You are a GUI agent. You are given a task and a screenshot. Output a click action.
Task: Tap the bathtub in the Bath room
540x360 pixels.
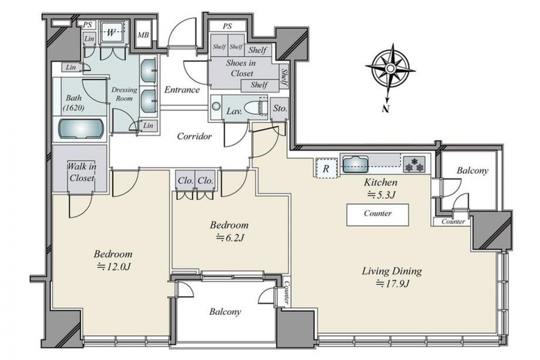pyautogui.click(x=81, y=129)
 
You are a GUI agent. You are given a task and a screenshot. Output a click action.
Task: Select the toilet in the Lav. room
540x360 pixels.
pyautogui.click(x=255, y=107)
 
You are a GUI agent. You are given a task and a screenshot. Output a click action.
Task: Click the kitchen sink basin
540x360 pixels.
pyautogui.click(x=355, y=164)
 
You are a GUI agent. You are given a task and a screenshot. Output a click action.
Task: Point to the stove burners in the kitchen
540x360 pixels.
pyautogui.click(x=414, y=164)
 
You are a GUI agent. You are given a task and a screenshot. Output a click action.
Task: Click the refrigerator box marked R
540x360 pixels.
pyautogui.click(x=326, y=168)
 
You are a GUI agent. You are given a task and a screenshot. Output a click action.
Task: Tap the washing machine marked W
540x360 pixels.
pyautogui.click(x=112, y=32)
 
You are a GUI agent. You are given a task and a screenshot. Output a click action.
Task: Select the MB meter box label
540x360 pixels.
pyautogui.click(x=143, y=35)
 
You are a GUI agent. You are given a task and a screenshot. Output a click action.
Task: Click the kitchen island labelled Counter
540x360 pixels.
pyautogui.click(x=378, y=214)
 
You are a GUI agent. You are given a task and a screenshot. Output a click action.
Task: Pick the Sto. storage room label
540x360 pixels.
pyautogui.click(x=280, y=109)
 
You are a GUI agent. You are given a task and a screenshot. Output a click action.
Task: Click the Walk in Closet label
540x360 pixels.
pyautogui.click(x=82, y=172)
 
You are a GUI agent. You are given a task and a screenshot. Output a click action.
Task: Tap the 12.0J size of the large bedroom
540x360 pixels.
pyautogui.click(x=114, y=267)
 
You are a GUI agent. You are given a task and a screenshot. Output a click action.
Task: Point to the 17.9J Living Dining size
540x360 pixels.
pyautogui.click(x=393, y=284)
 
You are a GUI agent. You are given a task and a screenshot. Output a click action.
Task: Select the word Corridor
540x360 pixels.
pyautogui.click(x=194, y=136)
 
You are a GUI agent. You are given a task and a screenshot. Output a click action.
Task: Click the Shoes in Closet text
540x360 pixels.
pyautogui.click(x=241, y=68)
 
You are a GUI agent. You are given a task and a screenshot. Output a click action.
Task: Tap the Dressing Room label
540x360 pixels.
pyautogui.click(x=124, y=94)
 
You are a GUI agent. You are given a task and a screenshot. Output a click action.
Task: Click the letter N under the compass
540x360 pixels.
pyautogui.click(x=386, y=109)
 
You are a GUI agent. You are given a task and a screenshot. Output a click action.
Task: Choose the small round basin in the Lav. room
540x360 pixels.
pyautogui.click(x=216, y=106)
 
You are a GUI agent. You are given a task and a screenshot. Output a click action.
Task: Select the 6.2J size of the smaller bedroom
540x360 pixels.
pyautogui.click(x=230, y=238)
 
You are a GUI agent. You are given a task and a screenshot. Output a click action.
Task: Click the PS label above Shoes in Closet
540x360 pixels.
pyautogui.click(x=227, y=26)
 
